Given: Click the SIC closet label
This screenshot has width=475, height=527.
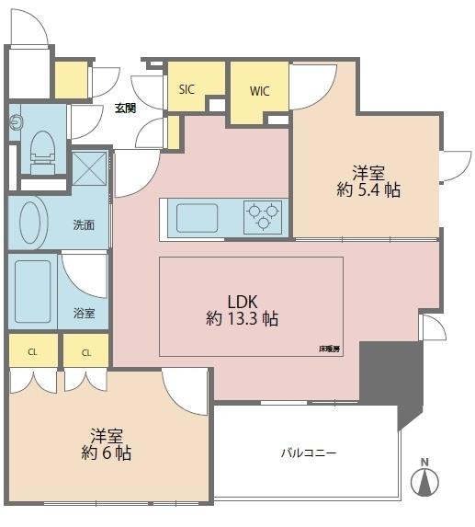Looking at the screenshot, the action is click(187, 89).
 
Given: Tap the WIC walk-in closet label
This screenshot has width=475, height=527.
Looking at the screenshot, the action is click(259, 91).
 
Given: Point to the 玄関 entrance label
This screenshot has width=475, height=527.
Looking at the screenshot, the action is click(126, 109).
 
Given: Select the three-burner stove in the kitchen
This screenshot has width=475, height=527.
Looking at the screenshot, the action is click(263, 217).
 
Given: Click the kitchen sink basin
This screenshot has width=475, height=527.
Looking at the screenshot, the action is click(197, 218).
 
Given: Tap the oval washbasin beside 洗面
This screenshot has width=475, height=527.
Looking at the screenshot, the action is click(30, 223).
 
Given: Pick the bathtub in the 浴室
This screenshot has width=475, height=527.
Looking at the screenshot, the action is click(32, 292).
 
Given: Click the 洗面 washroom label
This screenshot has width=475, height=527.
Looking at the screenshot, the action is click(84, 224).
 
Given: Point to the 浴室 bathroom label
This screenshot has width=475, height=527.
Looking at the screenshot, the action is click(84, 314).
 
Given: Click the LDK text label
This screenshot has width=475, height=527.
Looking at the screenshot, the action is click(243, 302).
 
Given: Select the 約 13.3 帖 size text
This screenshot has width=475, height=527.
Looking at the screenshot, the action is click(242, 318).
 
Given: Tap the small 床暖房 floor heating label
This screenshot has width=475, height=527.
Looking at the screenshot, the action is click(329, 349).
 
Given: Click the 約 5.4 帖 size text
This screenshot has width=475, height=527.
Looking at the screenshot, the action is click(368, 190).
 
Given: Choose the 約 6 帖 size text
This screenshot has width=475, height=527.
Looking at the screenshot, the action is click(106, 453).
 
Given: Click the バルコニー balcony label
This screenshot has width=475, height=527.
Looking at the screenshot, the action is click(309, 453).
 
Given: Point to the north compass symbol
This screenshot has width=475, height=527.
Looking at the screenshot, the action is click(425, 479).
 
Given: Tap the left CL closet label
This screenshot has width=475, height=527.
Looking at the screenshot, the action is click(32, 352).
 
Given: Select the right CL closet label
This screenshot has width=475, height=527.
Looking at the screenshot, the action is click(86, 353).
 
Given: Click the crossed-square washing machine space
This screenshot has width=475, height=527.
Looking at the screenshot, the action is click(89, 168).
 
